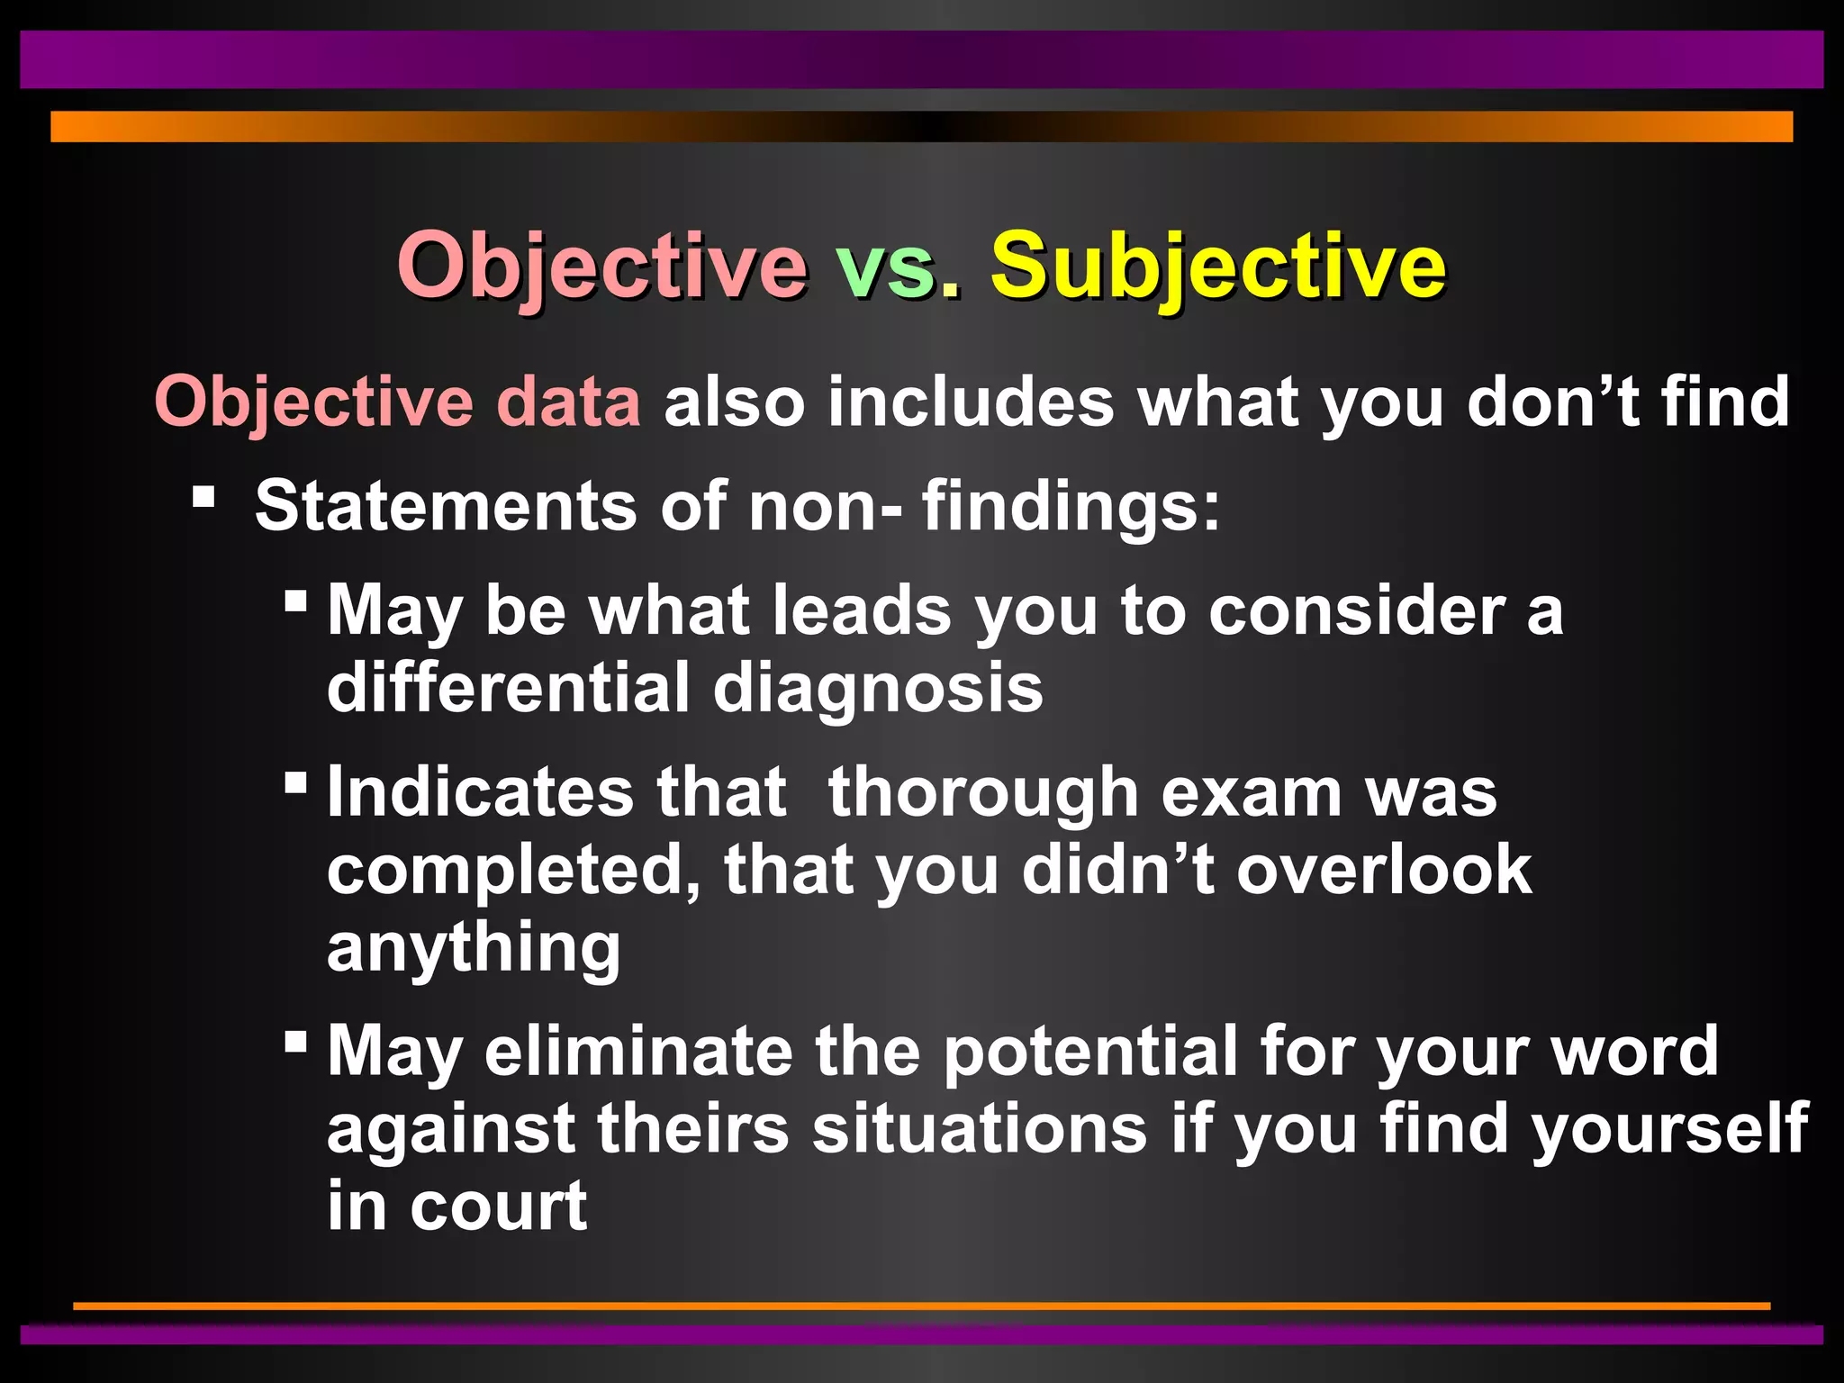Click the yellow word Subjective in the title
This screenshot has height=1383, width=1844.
point(1217,267)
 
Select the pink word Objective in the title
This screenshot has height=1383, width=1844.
point(601,267)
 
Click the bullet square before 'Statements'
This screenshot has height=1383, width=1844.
point(204,496)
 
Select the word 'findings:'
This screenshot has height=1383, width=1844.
point(1071,506)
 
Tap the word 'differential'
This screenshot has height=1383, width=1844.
point(508,688)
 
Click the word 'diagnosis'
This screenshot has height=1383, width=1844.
point(878,688)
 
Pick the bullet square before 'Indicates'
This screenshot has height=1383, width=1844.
point(295,782)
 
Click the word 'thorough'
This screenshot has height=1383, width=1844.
point(983,792)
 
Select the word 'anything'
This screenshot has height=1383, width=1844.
point(474,949)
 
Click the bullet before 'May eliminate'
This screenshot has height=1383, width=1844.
point(295,1042)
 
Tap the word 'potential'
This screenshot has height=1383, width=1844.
point(1090,1052)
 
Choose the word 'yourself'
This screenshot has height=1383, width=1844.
point(1670,1129)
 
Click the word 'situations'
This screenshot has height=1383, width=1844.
point(980,1129)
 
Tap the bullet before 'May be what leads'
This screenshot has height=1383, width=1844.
point(295,601)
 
